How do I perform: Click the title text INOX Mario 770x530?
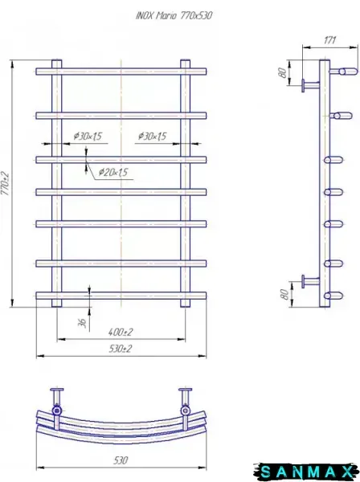(174, 15)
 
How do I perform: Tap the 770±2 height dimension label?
(6, 183)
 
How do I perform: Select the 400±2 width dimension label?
(121, 332)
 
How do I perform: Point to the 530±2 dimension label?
(121, 349)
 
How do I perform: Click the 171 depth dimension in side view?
(329, 40)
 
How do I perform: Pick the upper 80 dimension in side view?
(282, 72)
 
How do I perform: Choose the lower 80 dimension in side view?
(284, 294)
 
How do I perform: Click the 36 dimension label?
(82, 323)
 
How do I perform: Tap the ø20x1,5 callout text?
(113, 172)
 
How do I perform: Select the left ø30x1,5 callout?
(88, 136)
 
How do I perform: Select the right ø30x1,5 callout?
(152, 136)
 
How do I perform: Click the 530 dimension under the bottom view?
(121, 460)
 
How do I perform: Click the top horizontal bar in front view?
(121, 71)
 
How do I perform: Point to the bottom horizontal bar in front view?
(121, 296)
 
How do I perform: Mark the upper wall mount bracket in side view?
(310, 85)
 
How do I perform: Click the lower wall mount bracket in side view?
(310, 281)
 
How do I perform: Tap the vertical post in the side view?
(325, 183)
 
